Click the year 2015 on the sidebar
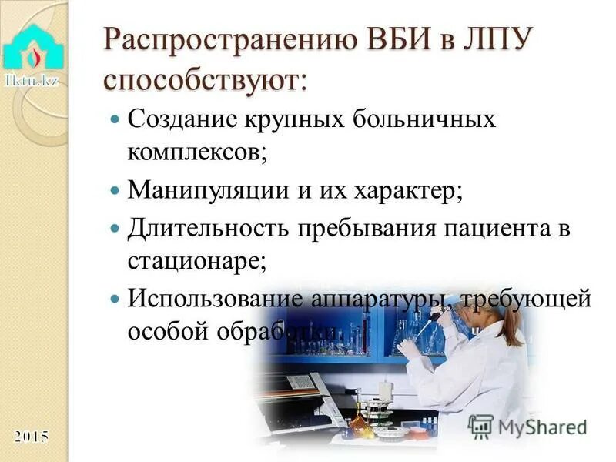tap(31, 437)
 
